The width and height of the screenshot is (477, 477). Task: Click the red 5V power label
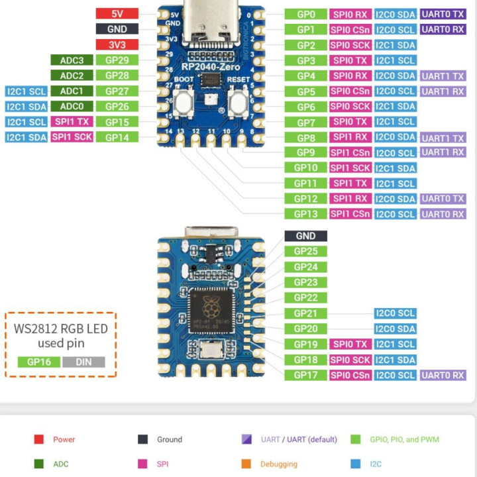(117, 13)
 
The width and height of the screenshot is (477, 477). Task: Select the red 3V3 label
(117, 44)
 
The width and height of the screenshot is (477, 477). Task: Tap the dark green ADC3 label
(72, 60)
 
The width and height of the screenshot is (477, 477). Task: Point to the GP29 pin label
(117, 60)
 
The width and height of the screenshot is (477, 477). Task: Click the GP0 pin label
(305, 14)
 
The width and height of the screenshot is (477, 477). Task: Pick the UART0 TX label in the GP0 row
(443, 14)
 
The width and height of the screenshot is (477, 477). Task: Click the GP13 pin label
(305, 214)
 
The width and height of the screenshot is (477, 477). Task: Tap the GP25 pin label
(305, 251)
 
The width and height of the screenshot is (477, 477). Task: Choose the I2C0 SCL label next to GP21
(396, 313)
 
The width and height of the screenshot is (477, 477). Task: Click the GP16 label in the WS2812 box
(39, 362)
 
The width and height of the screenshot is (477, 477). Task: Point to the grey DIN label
(83, 362)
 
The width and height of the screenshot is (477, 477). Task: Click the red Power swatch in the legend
(39, 439)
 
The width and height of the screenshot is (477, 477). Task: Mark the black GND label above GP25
(305, 236)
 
